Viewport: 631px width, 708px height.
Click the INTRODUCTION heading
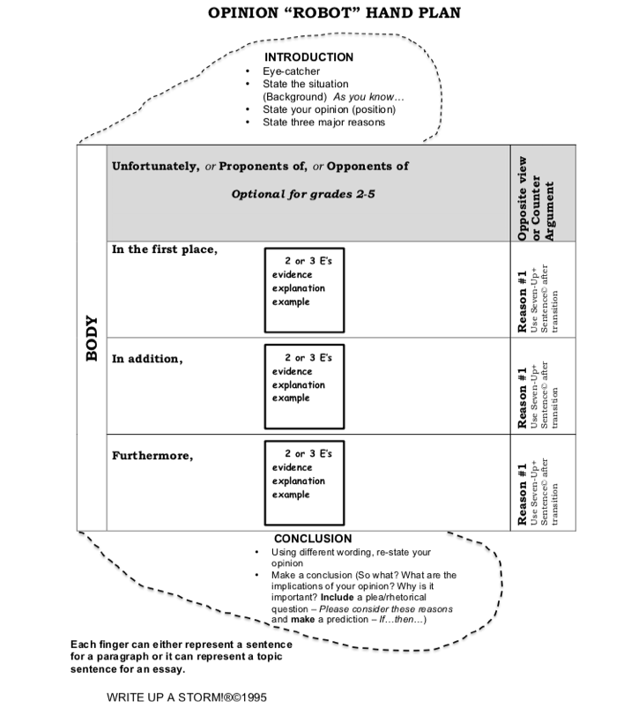coord(309,57)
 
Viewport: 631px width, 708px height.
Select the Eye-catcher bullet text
coord(292,71)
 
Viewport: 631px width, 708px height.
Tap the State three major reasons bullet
coord(323,122)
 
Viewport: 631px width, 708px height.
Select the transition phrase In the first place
coord(164,249)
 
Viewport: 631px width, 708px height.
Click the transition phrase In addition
coord(145,360)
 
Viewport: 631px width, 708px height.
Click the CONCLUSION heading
coord(313,538)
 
